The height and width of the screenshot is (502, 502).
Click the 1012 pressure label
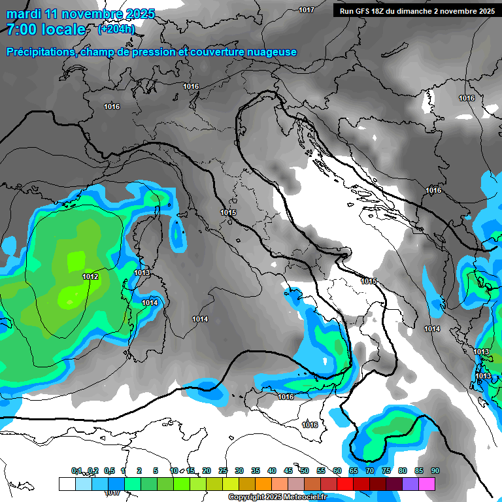tap(90, 277)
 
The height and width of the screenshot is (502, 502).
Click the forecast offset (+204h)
tap(116, 29)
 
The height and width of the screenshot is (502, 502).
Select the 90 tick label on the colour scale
tap(435, 471)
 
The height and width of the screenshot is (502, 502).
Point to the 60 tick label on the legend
tap(337, 471)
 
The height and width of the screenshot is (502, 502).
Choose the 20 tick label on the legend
tap(206, 471)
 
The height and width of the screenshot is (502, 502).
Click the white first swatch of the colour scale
tap(67, 484)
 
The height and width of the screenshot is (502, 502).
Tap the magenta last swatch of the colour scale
tap(426, 484)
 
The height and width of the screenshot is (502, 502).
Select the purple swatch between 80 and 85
tap(410, 484)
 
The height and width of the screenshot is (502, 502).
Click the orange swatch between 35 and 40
tap(263, 484)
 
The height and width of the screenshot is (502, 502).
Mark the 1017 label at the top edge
tap(306, 10)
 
